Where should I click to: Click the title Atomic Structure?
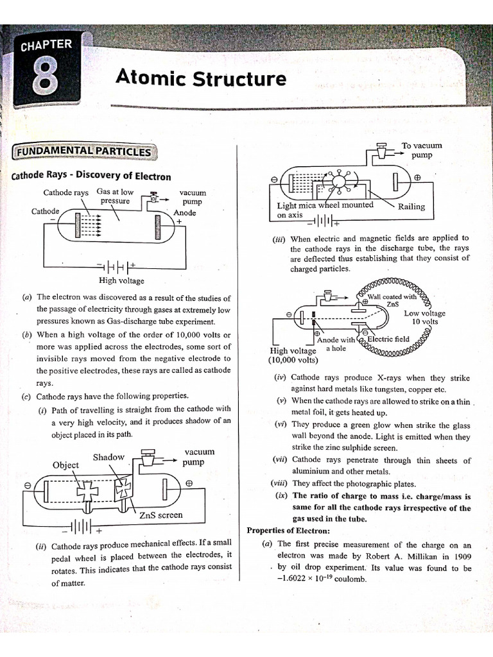[x=201, y=78]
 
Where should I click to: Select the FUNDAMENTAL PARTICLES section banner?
[x=83, y=151]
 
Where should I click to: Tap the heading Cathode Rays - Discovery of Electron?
[x=91, y=176]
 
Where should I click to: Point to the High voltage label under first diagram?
[x=121, y=280]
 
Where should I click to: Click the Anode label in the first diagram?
[x=185, y=212]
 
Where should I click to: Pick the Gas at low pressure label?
[x=115, y=196]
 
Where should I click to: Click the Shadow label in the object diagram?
[x=108, y=457]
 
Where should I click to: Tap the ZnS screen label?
[x=160, y=515]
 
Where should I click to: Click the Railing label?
[x=411, y=207]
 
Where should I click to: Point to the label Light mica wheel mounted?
[x=325, y=205]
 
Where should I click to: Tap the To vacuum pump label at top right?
[x=422, y=150]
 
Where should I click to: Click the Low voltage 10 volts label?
[x=424, y=317]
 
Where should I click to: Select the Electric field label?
[x=388, y=339]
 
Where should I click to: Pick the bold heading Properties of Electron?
[x=288, y=531]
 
